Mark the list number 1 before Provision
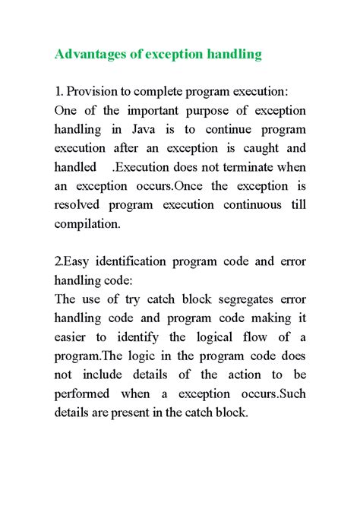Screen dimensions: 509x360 point(58,92)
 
